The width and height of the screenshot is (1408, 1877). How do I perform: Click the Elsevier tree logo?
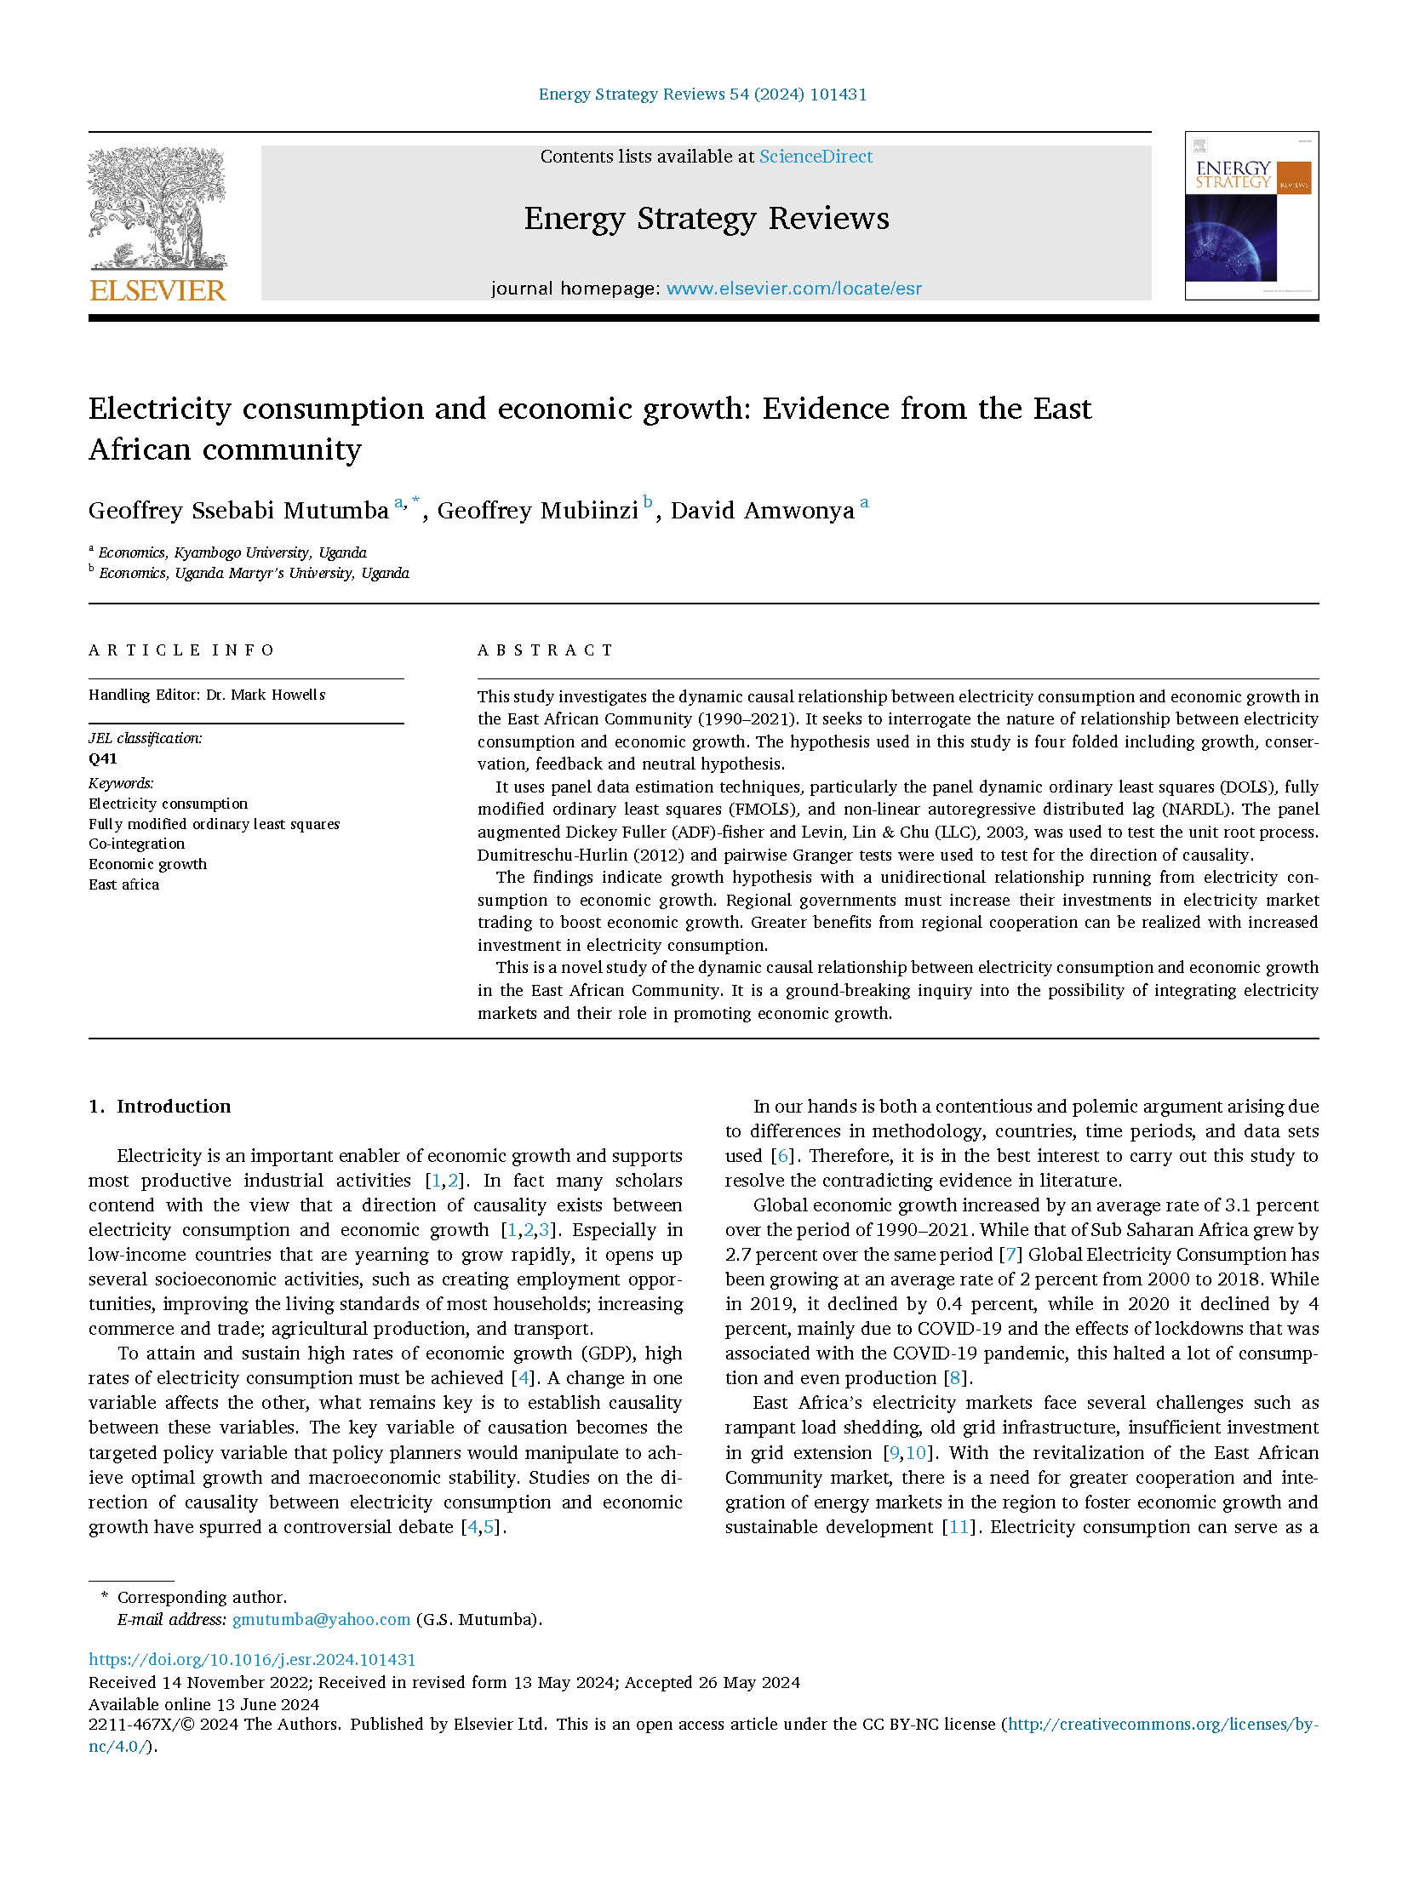(x=157, y=209)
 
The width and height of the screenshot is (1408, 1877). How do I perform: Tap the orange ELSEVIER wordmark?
(x=157, y=290)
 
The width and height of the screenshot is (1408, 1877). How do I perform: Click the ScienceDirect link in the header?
(x=816, y=157)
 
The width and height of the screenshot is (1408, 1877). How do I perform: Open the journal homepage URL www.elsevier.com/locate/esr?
(x=793, y=289)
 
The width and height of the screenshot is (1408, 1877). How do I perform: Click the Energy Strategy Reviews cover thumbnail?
(x=1251, y=215)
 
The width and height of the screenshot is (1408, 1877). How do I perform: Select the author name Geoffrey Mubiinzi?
(x=537, y=511)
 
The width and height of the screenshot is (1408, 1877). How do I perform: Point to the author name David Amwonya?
(x=762, y=511)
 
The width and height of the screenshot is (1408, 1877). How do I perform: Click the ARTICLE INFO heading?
(x=181, y=650)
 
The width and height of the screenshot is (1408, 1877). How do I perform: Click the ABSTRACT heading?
(x=546, y=650)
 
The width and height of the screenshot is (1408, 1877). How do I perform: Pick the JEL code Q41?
(x=103, y=759)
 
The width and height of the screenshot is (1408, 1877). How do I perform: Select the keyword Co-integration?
(x=136, y=844)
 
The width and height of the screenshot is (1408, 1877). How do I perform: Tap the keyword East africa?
(x=123, y=884)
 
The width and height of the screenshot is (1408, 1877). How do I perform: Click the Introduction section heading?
(x=174, y=1107)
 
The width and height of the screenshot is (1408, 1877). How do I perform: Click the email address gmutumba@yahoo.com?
(x=321, y=1619)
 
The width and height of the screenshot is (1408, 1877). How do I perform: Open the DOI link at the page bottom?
(x=252, y=1659)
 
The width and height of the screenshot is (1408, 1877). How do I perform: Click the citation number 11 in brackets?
(x=959, y=1527)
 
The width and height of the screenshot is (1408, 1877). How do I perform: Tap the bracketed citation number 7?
(x=1010, y=1255)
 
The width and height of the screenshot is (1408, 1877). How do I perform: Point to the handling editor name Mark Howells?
(x=278, y=695)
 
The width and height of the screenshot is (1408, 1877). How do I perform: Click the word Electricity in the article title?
(x=159, y=409)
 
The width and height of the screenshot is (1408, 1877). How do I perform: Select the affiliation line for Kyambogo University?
(x=232, y=552)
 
